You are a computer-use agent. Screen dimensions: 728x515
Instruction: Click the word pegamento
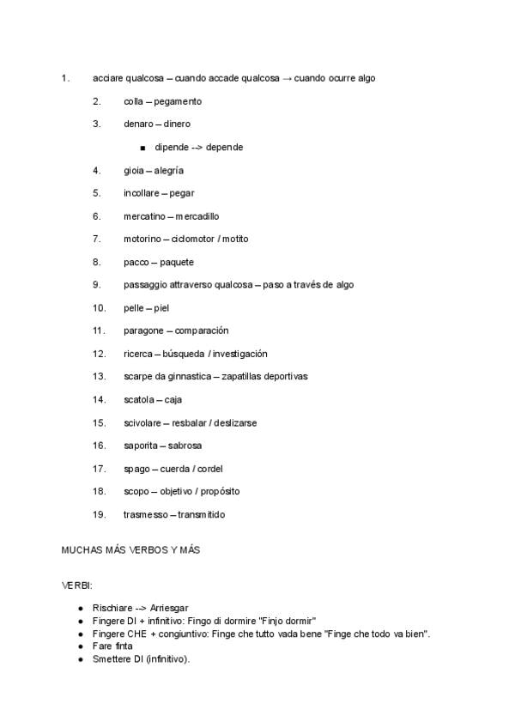point(178,101)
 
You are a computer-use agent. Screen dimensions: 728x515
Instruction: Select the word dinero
point(177,124)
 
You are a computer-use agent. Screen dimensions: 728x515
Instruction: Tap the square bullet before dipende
point(142,148)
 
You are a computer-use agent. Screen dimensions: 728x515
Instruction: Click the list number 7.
point(97,239)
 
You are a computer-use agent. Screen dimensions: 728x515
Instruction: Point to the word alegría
point(169,170)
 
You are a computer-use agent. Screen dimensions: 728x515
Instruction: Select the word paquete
point(177,262)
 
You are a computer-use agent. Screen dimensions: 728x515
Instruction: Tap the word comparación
point(202,331)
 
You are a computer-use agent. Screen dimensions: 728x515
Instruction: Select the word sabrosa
point(185,446)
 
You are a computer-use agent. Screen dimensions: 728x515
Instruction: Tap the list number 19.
point(99,514)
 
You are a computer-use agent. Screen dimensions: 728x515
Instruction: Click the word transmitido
point(202,514)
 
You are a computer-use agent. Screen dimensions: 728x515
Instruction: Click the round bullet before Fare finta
point(80,646)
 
